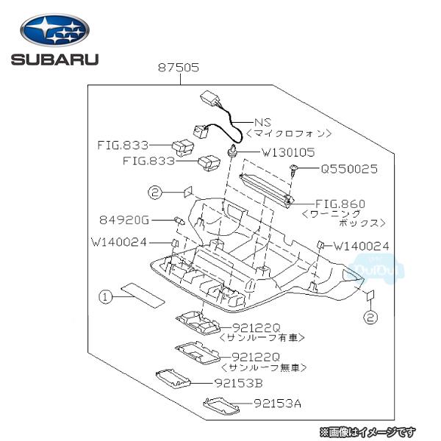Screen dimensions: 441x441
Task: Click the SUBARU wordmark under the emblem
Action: [54, 59]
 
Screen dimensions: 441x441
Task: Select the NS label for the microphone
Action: [262, 122]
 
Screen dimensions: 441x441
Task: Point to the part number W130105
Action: [288, 153]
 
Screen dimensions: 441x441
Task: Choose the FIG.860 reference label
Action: [340, 203]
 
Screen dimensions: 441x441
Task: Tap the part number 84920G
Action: [124, 219]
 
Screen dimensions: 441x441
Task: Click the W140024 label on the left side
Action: [120, 241]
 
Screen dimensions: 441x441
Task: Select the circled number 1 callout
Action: [106, 297]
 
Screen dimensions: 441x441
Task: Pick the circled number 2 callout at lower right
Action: [371, 317]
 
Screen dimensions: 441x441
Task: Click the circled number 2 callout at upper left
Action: [154, 193]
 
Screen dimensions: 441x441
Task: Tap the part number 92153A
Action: [278, 403]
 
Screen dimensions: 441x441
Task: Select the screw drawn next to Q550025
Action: [294, 171]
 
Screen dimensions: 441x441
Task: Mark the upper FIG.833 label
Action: [123, 146]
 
